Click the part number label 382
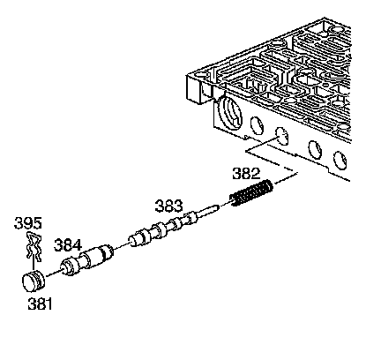(x=246, y=174)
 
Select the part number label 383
(x=168, y=206)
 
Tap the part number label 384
(x=67, y=245)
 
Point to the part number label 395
(x=28, y=223)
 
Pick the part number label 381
(x=41, y=304)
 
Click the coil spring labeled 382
(x=251, y=192)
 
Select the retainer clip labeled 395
(x=34, y=247)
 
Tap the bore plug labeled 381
(x=34, y=281)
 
